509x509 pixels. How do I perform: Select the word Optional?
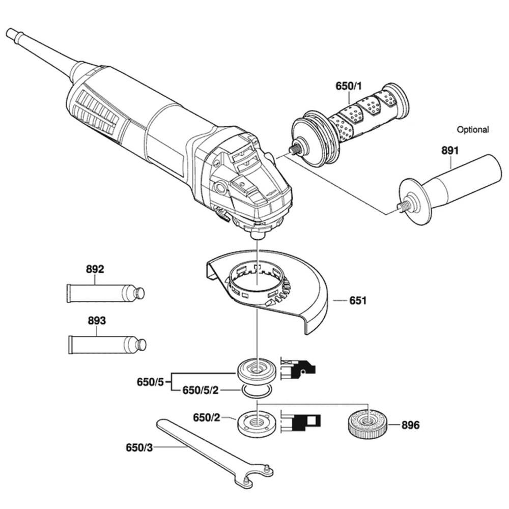472,130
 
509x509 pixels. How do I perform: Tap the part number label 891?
450,151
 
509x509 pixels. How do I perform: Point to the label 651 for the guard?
358,301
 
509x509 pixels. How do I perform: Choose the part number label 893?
96,321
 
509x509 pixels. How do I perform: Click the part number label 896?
410,425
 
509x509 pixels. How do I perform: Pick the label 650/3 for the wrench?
139,448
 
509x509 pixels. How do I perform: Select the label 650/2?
206,418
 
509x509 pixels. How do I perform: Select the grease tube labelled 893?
107,344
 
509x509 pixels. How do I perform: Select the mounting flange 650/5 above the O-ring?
258,370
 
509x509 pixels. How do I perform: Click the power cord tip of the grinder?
10,33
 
